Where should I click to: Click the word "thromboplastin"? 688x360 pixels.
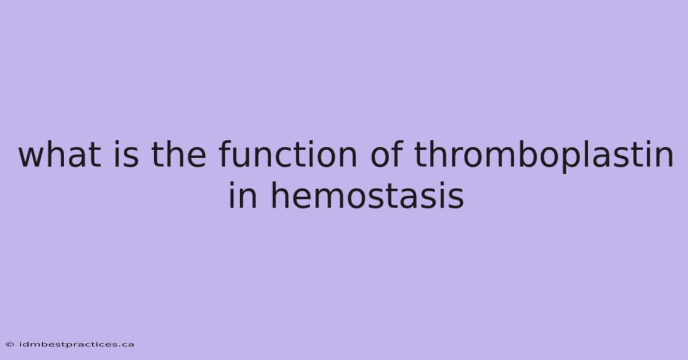(x=544, y=156)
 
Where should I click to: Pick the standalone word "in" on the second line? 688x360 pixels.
(x=243, y=195)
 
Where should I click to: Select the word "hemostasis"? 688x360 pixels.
(x=368, y=195)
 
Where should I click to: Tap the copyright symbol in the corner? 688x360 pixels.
(x=10, y=345)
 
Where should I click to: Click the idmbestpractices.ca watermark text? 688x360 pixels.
(x=77, y=345)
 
